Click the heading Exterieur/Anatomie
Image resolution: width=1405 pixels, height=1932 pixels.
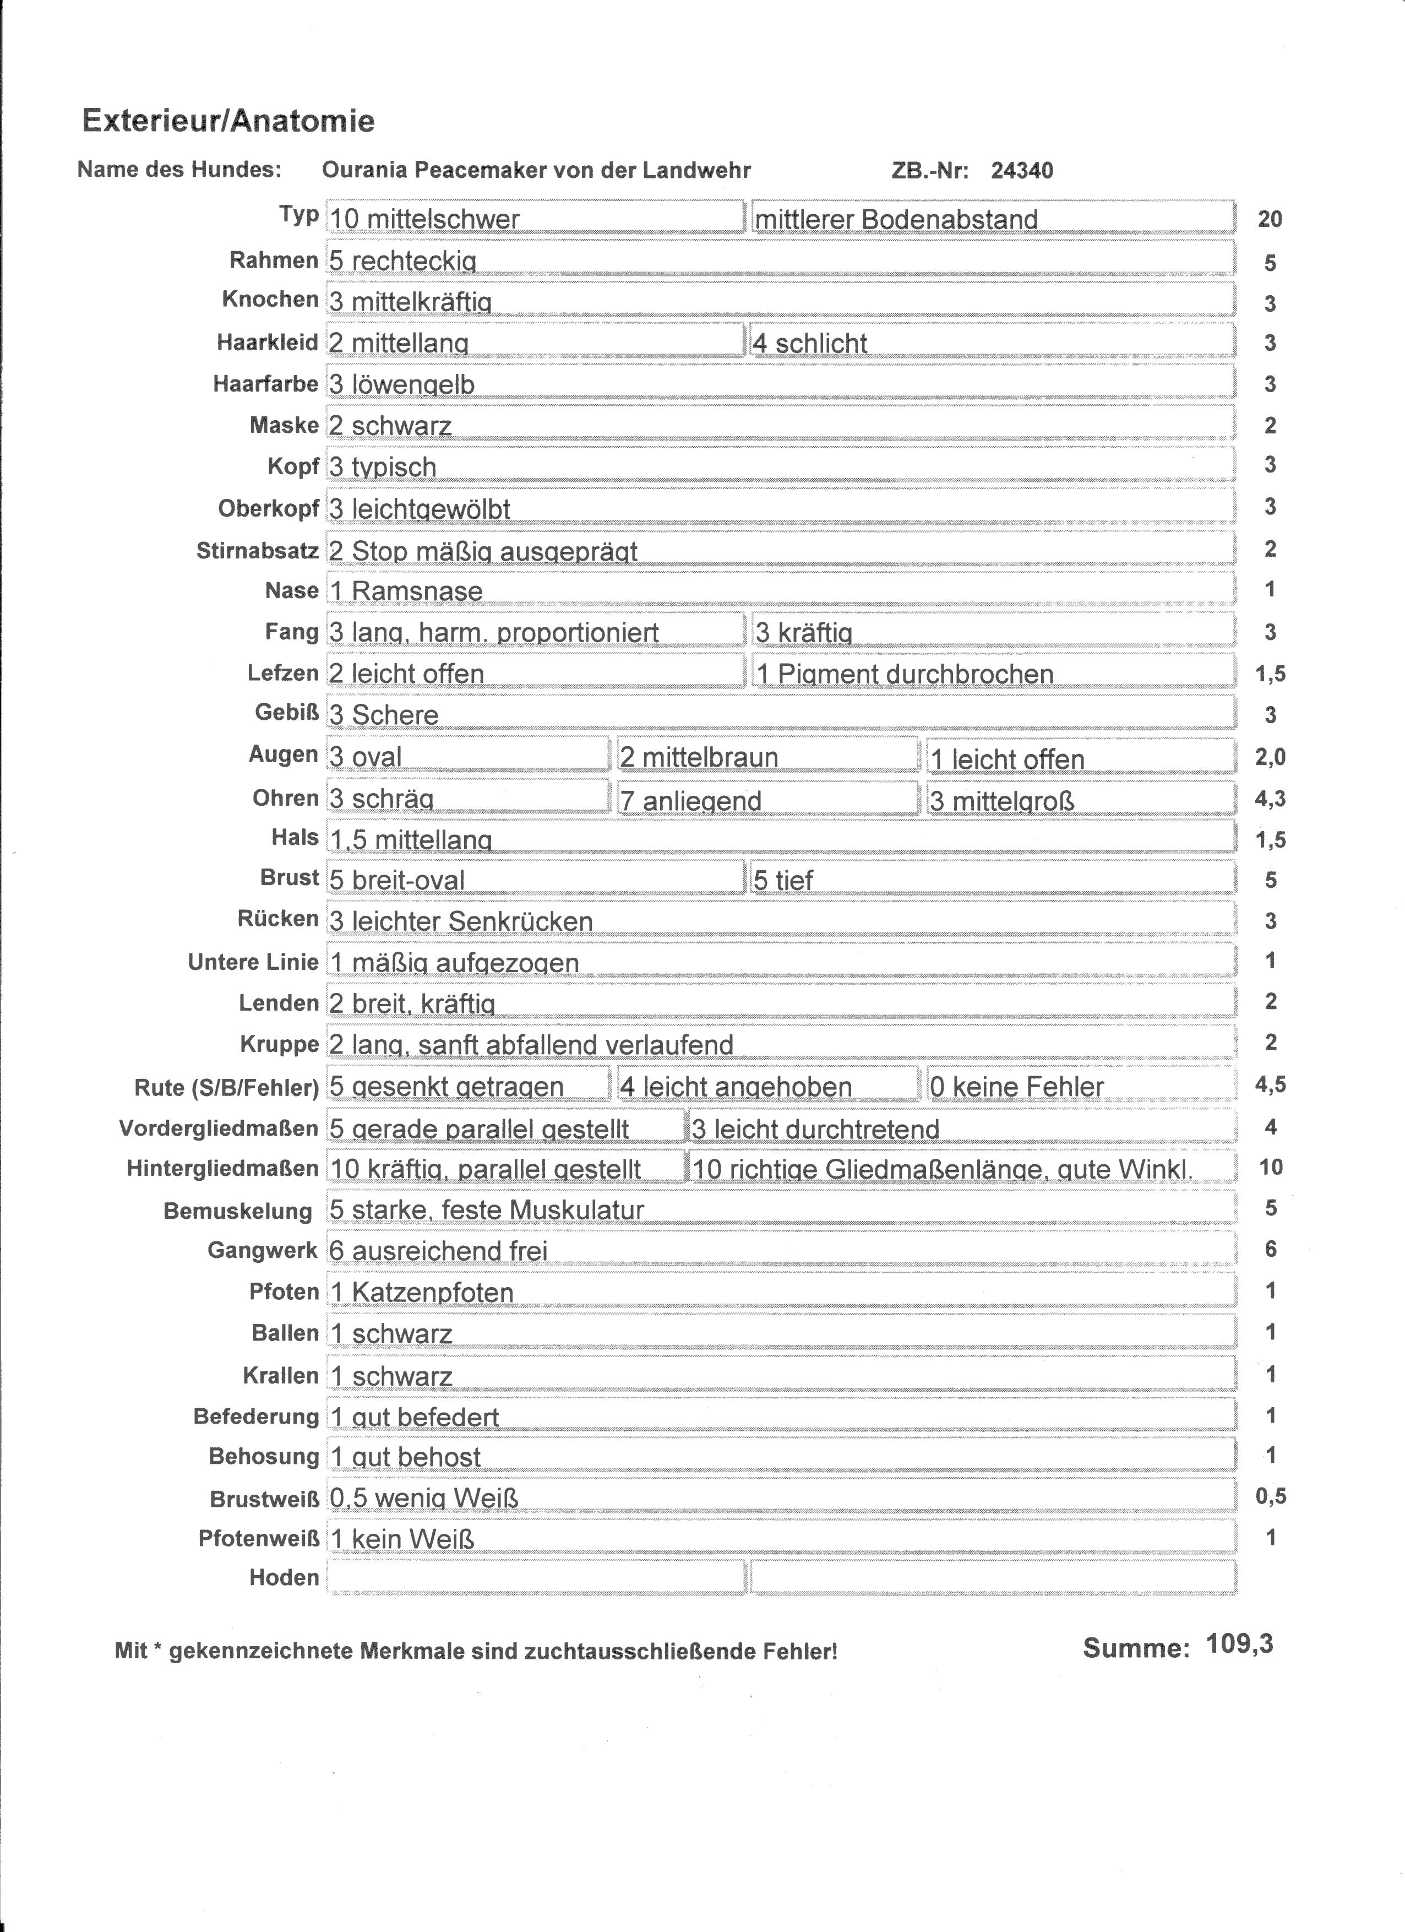click(228, 121)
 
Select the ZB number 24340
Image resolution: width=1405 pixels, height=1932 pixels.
click(1022, 170)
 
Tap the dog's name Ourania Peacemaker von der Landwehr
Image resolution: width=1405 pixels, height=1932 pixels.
click(536, 170)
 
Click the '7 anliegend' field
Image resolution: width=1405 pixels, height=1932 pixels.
click(767, 799)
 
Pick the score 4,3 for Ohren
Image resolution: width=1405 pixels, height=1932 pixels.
click(1270, 798)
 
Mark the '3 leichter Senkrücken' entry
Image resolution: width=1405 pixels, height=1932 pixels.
click(780, 920)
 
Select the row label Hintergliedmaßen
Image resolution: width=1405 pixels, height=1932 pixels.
click(222, 1168)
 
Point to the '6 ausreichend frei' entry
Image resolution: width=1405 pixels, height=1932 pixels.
click(780, 1250)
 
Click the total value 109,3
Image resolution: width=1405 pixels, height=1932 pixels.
click(1239, 1644)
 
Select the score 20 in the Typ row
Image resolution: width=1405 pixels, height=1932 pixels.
click(1270, 219)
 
